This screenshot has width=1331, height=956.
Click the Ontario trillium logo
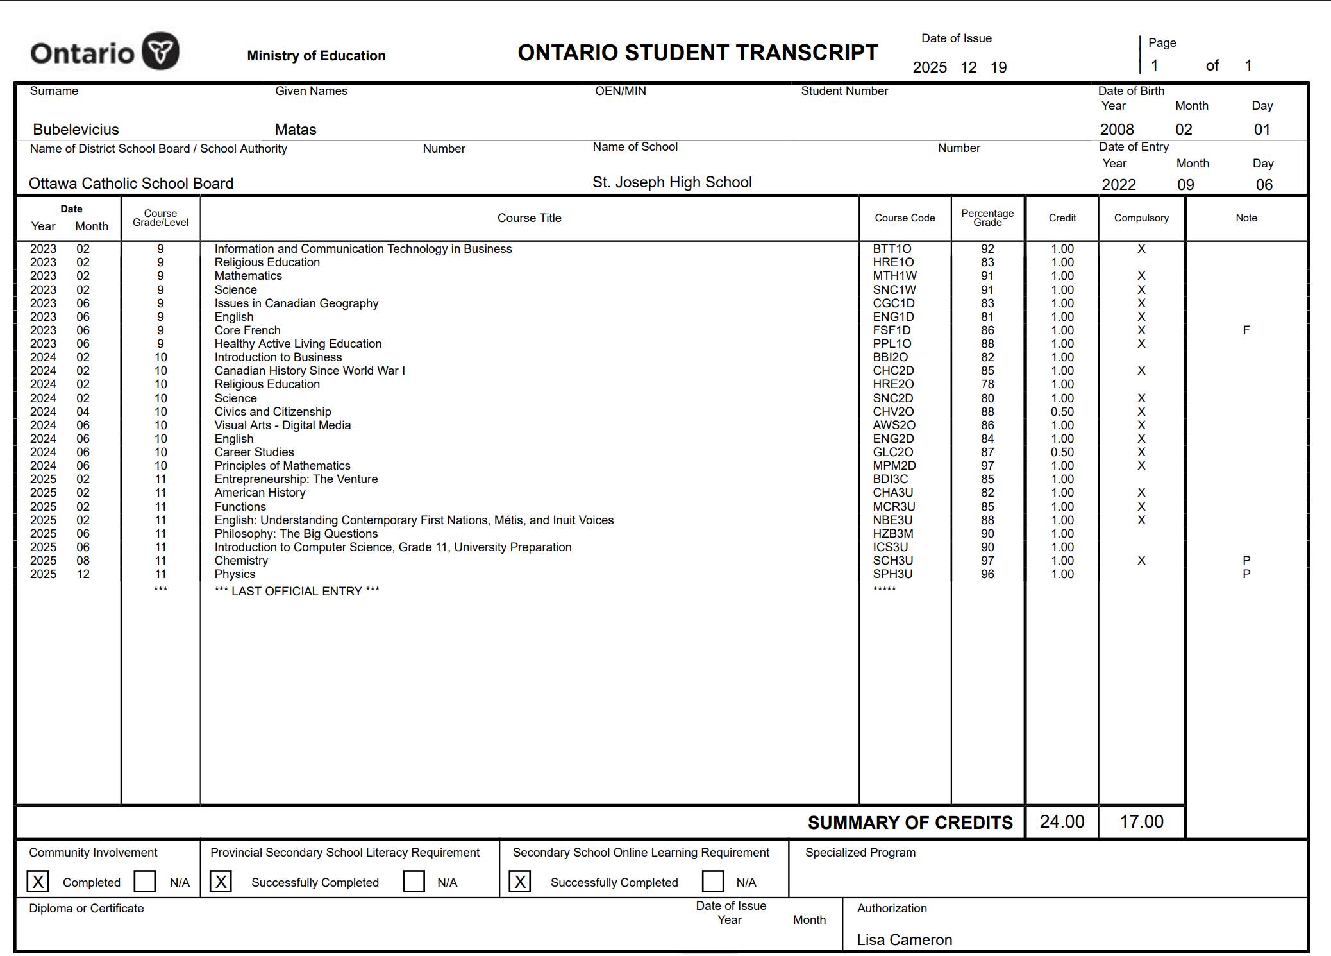[x=160, y=51]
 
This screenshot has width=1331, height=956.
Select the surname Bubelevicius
[x=76, y=130]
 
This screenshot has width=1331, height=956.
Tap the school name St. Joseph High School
[x=671, y=182]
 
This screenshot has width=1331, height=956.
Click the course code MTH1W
[x=894, y=276]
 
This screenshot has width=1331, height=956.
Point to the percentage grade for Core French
[x=987, y=330]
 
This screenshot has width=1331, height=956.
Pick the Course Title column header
[x=529, y=218]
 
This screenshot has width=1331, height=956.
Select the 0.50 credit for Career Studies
[x=1062, y=452]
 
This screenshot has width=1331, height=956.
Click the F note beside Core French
[x=1246, y=330]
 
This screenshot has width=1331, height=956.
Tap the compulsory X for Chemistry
[x=1141, y=561]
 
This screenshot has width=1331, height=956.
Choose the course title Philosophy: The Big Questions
[x=296, y=534]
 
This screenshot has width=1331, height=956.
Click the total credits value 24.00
[x=1062, y=822]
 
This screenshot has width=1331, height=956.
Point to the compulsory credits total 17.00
[x=1141, y=822]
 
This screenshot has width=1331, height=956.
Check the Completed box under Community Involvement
[x=38, y=882]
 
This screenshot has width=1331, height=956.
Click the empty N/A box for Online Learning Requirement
[x=712, y=882]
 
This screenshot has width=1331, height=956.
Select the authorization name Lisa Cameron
[x=904, y=940]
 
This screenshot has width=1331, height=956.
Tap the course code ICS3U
[x=890, y=547]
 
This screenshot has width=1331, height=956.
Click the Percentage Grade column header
[x=987, y=218]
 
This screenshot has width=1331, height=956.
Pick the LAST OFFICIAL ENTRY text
[x=297, y=592]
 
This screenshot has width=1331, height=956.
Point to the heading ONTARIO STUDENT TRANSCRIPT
[x=698, y=53]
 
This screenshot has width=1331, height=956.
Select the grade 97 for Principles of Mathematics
[x=987, y=466]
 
